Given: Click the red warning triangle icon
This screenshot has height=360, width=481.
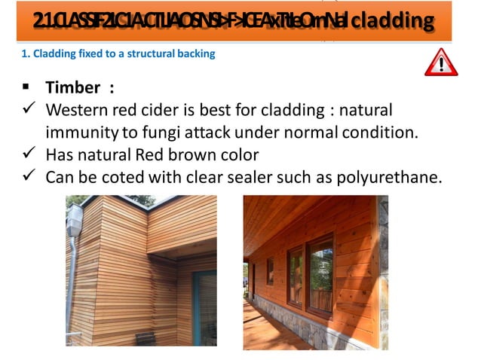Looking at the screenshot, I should [441, 62].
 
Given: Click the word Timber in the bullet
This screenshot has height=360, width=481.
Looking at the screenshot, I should [74, 87].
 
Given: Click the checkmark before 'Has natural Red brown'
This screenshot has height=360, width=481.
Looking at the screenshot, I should [26, 154].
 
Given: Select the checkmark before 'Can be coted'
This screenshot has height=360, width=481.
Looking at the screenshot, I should [26, 177].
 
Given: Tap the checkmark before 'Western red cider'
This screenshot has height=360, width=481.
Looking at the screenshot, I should [26, 109].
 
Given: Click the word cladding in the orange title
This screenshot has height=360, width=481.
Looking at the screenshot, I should [394, 20].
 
